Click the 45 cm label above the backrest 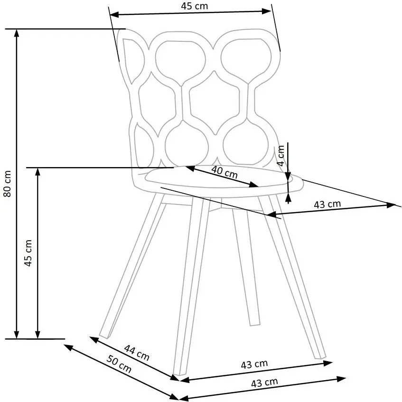click(194, 6)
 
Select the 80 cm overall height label click(7, 184)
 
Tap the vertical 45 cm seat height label click(28, 253)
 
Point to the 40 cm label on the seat click(224, 171)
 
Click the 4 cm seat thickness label click(281, 156)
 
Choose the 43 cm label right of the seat click(327, 205)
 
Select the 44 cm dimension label click(137, 353)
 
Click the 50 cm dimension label click(119, 364)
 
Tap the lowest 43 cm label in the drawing click(264, 383)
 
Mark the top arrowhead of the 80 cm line click(17, 33)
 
